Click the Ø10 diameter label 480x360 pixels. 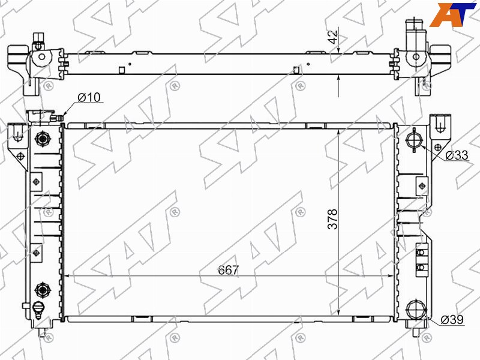point(89,97)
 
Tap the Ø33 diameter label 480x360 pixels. point(457,155)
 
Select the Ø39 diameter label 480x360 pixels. point(452,320)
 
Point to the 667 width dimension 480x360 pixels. point(228,270)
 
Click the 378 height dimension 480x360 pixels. point(332,219)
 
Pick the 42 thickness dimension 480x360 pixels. point(334,37)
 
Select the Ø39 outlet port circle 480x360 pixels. point(416,310)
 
